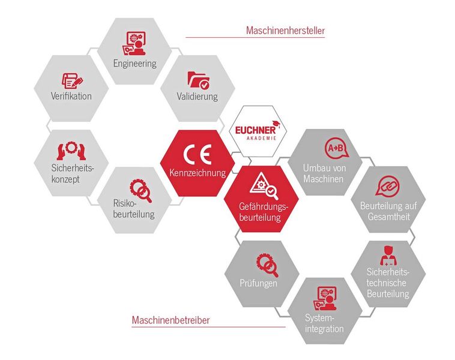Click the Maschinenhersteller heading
tap(285, 30)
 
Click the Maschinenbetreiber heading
tap(170, 320)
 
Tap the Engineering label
tap(134, 63)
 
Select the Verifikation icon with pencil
tap(72, 80)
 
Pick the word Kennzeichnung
tap(197, 173)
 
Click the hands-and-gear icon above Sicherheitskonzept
tap(71, 149)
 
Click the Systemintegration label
tap(324, 323)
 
